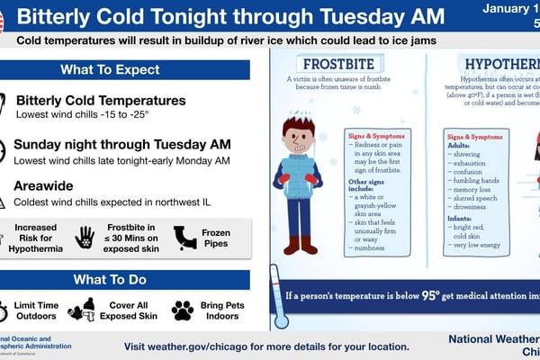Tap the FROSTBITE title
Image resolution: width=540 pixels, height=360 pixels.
coord(339,65)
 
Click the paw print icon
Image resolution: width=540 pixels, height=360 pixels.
coord(183,310)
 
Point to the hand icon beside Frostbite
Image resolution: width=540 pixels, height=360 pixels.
coord(85,237)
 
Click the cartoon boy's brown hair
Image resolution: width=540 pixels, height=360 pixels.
coord(298,127)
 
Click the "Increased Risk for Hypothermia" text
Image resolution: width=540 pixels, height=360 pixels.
coord(37,237)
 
